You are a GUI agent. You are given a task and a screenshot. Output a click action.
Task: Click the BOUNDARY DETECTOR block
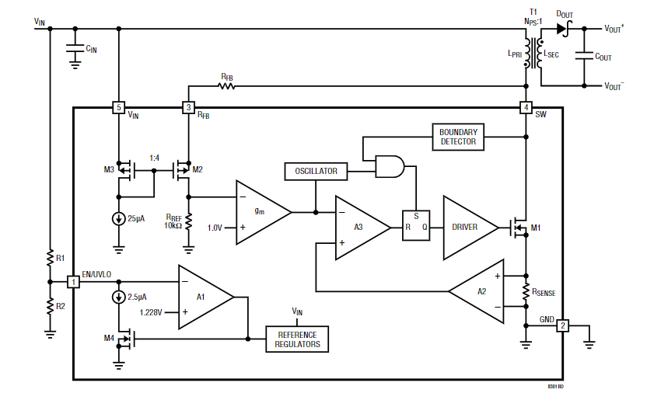[x=457, y=137]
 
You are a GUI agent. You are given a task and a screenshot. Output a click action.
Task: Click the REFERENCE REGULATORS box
[x=298, y=339]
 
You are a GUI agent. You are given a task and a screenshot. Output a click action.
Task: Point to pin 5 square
[x=118, y=107]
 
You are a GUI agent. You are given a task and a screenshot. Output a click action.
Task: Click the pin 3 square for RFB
[x=187, y=107]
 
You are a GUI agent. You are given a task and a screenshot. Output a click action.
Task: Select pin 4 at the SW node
[x=526, y=107]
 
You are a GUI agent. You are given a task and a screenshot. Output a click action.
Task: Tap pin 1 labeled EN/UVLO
[x=74, y=281]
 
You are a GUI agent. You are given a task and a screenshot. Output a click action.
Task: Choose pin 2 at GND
[x=562, y=325]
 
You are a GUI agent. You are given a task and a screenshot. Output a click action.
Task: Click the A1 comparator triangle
[x=202, y=296]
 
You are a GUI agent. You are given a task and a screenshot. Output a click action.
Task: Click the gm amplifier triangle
[x=261, y=211]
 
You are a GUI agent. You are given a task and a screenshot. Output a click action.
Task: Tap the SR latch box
[x=415, y=227]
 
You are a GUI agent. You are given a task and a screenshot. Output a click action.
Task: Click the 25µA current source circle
[x=118, y=219]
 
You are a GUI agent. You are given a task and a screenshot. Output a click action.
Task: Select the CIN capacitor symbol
[x=75, y=49]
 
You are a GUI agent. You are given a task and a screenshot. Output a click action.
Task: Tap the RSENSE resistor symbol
[x=526, y=291]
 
